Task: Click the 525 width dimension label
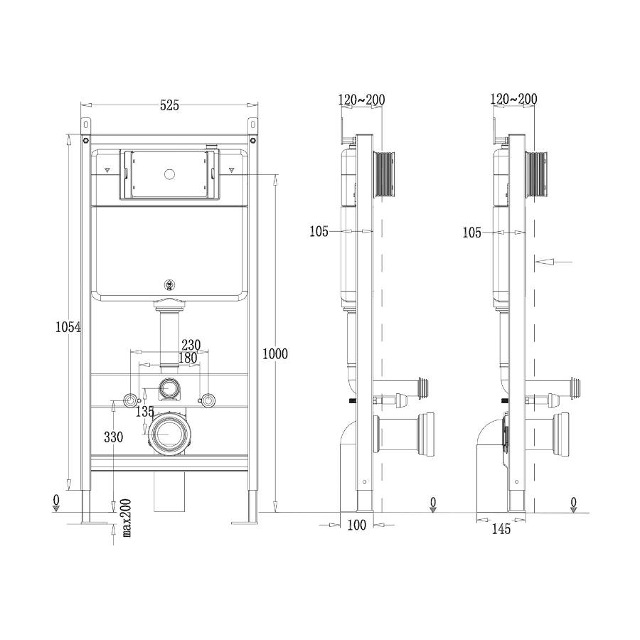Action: (x=169, y=105)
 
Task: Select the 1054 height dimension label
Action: (x=68, y=327)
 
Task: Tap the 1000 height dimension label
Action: (x=274, y=353)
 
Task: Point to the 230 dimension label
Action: (x=191, y=346)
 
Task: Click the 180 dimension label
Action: (x=188, y=358)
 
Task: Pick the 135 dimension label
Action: (x=145, y=412)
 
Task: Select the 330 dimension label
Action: (x=114, y=437)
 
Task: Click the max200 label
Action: (x=126, y=518)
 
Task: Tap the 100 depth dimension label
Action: (x=357, y=525)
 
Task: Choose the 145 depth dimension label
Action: (x=501, y=529)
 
